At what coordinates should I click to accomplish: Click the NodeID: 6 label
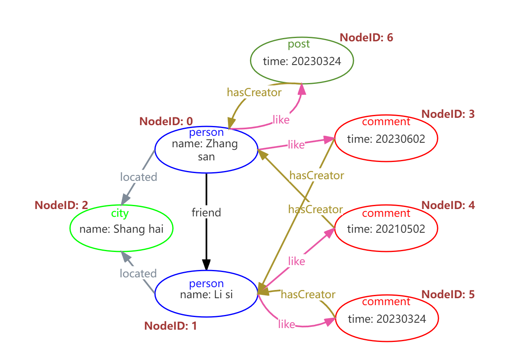[366, 38]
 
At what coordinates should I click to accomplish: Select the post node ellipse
[301, 61]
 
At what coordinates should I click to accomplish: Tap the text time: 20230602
[386, 139]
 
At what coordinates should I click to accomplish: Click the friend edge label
[206, 212]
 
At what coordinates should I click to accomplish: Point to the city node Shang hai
[121, 228]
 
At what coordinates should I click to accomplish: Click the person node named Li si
[206, 294]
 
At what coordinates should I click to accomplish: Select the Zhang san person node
[206, 150]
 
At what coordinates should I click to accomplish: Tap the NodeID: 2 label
[61, 205]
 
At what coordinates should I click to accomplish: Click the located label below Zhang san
[138, 177]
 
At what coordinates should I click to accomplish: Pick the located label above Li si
[138, 273]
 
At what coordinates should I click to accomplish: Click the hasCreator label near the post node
[254, 92]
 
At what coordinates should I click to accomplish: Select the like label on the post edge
[281, 120]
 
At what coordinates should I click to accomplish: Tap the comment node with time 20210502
[386, 228]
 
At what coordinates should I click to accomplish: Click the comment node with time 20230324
[386, 318]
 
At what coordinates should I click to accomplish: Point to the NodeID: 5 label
[448, 295]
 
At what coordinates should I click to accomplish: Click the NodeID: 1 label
[170, 326]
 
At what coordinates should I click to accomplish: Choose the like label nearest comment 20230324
[286, 324]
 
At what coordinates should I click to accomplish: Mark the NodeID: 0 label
[166, 121]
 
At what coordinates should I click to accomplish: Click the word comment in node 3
[386, 122]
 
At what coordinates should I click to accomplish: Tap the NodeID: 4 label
[448, 205]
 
